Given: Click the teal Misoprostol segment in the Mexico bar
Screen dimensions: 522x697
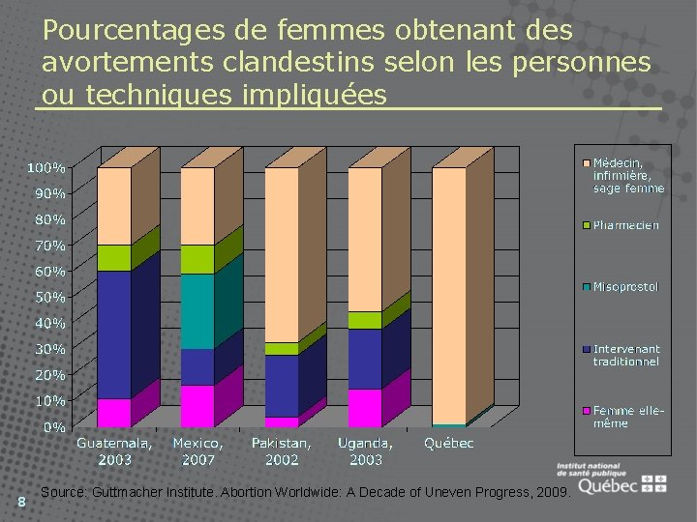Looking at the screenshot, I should pos(197,310).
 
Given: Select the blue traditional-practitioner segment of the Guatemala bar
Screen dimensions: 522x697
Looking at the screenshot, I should pos(114,334).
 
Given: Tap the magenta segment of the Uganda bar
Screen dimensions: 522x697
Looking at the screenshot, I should pos(365,408).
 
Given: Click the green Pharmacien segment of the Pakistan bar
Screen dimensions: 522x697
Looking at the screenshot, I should pos(282,349).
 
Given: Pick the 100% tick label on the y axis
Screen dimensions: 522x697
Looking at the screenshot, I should pos(46,168).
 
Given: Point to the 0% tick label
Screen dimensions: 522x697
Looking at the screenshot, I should pos(53,426).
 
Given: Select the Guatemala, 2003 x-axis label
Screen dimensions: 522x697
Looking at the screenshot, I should pos(114,450).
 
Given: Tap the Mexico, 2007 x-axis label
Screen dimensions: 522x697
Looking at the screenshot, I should pos(197,450).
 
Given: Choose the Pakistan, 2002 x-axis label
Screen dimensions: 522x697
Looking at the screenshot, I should pos(282,450).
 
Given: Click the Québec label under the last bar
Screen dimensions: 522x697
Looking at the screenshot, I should pos(449,444).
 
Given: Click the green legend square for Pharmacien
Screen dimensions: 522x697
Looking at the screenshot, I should pos(585,225).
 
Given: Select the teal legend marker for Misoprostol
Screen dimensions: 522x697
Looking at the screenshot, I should pos(585,287).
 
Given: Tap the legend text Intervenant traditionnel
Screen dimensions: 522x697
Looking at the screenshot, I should pos(626,355).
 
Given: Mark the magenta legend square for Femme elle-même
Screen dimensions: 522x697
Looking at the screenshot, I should pos(585,411).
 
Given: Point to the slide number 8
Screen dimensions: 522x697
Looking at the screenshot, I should pos(21,500).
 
